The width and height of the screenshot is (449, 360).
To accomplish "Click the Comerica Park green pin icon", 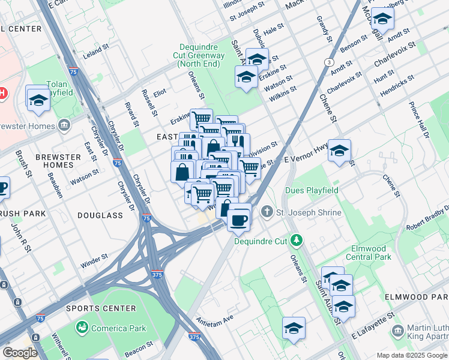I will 82,328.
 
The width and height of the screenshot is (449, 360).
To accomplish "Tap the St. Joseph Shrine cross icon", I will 267,212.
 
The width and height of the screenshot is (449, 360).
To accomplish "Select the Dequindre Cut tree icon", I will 295,241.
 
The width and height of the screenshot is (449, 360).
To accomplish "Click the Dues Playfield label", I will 312,191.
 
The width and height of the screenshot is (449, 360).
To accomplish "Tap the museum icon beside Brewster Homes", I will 64,125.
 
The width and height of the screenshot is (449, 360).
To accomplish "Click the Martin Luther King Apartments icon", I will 397,331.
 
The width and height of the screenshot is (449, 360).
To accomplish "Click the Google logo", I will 20,352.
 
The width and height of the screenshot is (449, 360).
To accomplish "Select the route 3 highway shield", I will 329,62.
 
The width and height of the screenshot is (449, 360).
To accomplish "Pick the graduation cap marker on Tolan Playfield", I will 38,99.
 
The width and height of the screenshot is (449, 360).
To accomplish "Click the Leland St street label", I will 94,53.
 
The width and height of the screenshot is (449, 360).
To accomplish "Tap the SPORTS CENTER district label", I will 92,308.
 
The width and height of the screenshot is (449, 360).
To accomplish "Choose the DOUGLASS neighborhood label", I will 105,215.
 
